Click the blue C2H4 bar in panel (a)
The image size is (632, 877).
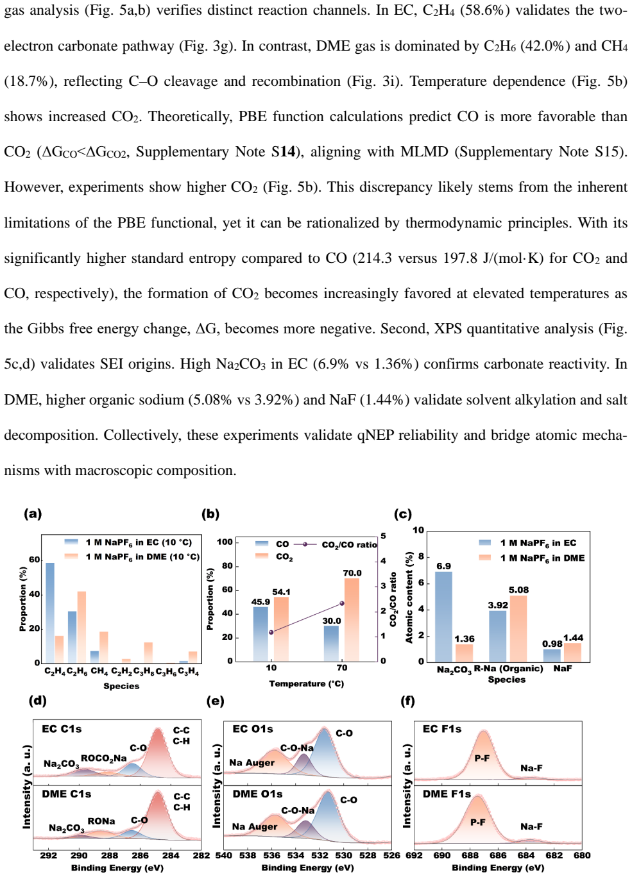coord(50,613)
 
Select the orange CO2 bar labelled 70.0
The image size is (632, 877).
coord(352,619)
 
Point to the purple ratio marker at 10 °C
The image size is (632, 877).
coord(271,632)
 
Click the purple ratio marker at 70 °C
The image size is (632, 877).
coord(342,603)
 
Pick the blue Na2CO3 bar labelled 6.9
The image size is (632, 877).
coord(443,617)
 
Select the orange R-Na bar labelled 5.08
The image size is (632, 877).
coord(518,629)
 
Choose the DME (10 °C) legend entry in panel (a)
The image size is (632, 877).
coord(132,556)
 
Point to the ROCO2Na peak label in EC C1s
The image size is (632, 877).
coord(104,758)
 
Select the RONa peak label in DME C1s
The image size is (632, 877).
coord(101,821)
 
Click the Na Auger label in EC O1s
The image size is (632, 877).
coord(252,763)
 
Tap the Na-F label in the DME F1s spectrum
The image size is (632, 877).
coord(531,826)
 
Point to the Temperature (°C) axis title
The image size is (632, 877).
coord(307,683)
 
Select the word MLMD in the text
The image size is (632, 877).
coord(424,151)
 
